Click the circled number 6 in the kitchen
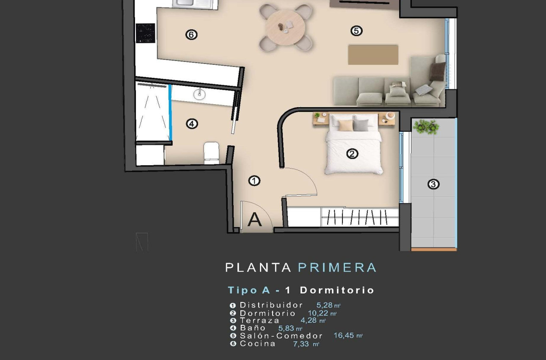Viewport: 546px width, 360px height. click(191, 35)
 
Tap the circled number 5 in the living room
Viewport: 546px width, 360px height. click(356, 30)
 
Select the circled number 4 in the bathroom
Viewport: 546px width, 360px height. click(192, 124)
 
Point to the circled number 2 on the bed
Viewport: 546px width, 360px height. click(352, 154)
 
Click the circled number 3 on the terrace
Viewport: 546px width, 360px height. click(433, 184)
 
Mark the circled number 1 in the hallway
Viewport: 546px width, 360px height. click(254, 181)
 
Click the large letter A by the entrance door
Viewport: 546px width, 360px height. click(254, 220)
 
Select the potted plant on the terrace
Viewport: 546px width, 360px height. click(426, 126)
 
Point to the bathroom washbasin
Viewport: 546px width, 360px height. click(199, 94)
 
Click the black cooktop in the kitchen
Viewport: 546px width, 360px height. click(145, 33)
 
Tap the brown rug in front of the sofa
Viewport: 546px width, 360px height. click(373, 55)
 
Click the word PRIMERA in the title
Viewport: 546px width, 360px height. click(337, 268)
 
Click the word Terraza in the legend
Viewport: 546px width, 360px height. click(259, 321)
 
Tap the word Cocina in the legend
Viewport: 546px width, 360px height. click(257, 343)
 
